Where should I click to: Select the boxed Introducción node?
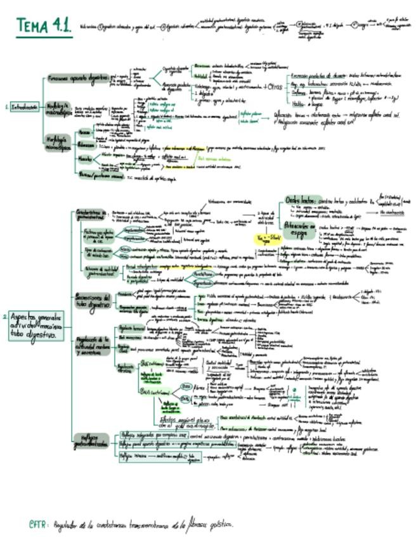point(24,107)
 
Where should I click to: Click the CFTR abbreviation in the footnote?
point(36,524)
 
